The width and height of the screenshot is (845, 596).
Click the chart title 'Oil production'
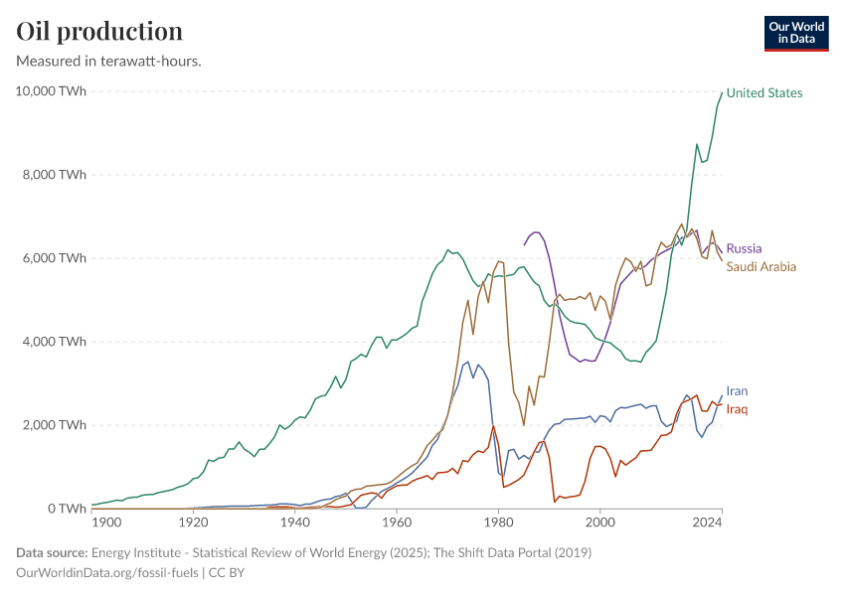(x=99, y=31)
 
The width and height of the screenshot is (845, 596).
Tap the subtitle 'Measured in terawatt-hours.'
(x=109, y=61)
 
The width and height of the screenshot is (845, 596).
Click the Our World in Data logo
(x=795, y=33)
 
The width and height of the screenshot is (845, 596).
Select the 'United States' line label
(x=763, y=93)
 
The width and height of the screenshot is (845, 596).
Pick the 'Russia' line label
(x=745, y=248)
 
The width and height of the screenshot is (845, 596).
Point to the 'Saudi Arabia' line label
(x=760, y=266)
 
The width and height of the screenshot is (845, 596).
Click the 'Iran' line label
(x=737, y=391)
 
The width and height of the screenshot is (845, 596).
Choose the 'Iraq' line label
(x=737, y=409)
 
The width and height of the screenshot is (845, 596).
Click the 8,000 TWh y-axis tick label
(x=55, y=175)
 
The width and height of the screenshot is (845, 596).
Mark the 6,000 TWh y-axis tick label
(x=55, y=258)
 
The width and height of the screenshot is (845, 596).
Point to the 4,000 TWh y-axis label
(x=55, y=342)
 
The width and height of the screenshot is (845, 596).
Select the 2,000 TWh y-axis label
(x=55, y=425)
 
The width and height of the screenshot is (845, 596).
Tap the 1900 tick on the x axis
(x=105, y=522)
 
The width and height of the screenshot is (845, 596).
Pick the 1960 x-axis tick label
(x=397, y=522)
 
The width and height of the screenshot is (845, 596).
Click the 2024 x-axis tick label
(x=707, y=522)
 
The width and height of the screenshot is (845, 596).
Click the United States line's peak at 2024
(x=722, y=92)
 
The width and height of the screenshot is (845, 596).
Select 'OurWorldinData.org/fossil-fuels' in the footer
(x=108, y=573)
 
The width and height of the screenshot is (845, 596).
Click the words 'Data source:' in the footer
(x=51, y=552)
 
